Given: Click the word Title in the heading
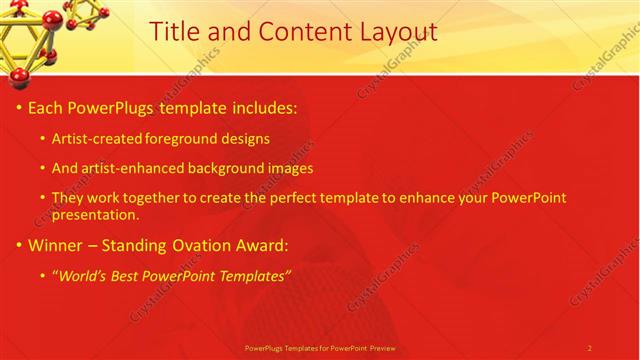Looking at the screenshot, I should (x=173, y=32).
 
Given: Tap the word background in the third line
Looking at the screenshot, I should (x=225, y=168).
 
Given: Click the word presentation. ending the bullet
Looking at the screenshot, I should (x=95, y=214).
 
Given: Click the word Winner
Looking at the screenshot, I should (x=56, y=245).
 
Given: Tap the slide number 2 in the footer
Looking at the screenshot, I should (x=590, y=348).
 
